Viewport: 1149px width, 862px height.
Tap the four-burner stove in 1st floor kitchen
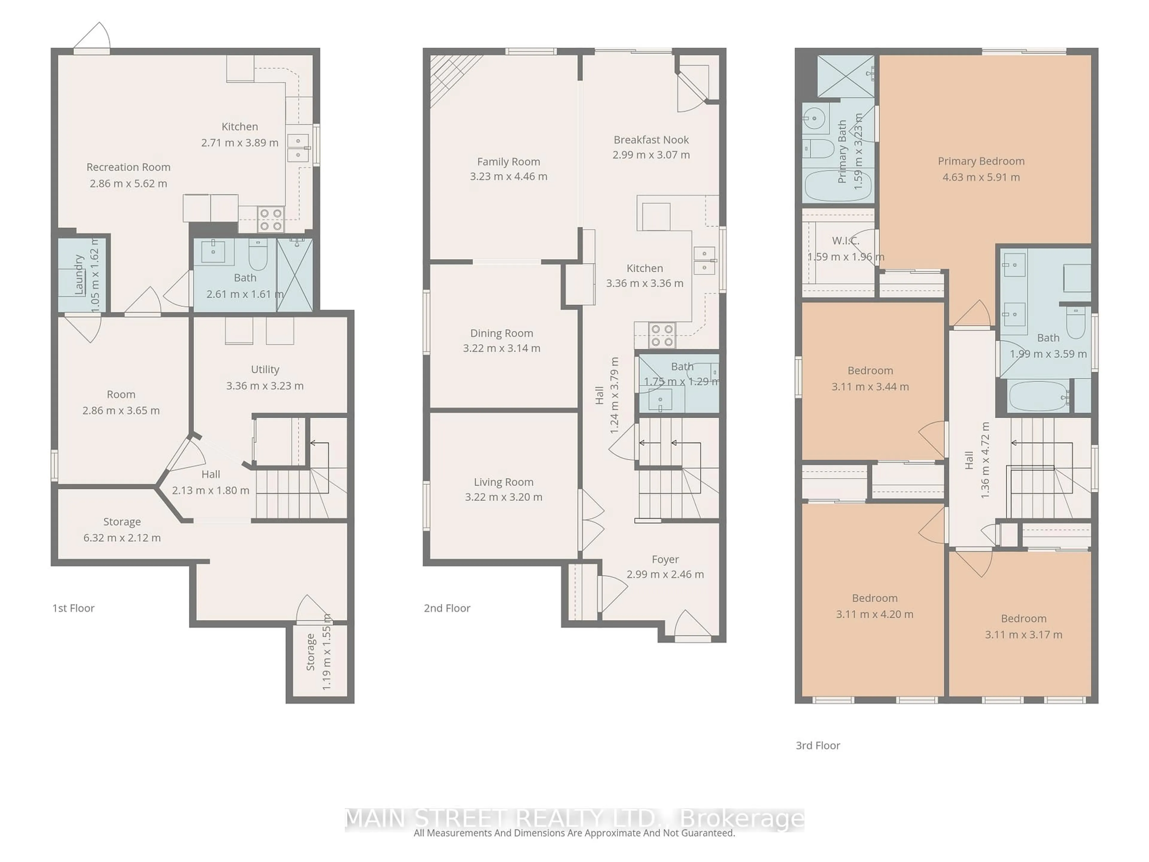coord(270,219)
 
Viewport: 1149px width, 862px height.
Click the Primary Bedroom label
coord(981,161)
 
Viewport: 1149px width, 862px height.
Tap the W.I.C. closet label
coord(845,241)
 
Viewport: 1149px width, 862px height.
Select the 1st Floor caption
coord(73,608)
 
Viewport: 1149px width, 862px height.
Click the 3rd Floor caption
coord(817,745)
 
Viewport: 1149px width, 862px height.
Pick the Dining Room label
coord(501,333)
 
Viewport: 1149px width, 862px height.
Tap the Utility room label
coord(265,369)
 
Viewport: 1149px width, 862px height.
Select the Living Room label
coord(503,482)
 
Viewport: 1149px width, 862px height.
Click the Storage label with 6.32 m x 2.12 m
coord(122,522)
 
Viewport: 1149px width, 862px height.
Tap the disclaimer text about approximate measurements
coord(574,833)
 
